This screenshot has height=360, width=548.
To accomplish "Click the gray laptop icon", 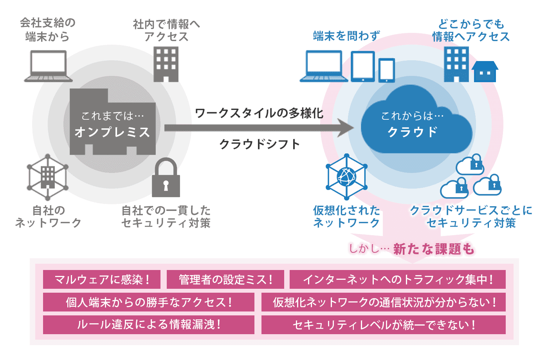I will (x=49, y=66).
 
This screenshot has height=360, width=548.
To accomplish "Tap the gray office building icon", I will (x=166, y=64).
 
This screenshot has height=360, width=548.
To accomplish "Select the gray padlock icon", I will (x=166, y=178).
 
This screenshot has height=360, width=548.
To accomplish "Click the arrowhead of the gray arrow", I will (x=346, y=128).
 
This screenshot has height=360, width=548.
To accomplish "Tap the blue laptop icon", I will (x=324, y=66).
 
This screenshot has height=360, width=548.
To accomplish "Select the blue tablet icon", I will (x=363, y=67).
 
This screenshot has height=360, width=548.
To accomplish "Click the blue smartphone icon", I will (x=387, y=70).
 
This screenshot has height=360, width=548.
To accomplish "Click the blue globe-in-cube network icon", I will (x=347, y=176).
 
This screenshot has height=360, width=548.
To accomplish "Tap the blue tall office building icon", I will (x=456, y=64).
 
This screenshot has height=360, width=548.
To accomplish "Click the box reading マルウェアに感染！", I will (x=102, y=279).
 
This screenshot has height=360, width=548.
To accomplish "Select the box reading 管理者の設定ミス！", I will (x=225, y=279).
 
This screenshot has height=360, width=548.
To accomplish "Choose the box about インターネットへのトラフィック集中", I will (x=397, y=279).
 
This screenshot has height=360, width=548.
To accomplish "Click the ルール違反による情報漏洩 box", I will (x=149, y=325).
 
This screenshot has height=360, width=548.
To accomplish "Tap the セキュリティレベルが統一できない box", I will (x=384, y=325).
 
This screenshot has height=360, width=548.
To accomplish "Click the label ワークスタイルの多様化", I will (x=259, y=113).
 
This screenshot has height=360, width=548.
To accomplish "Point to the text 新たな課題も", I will (x=433, y=249).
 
